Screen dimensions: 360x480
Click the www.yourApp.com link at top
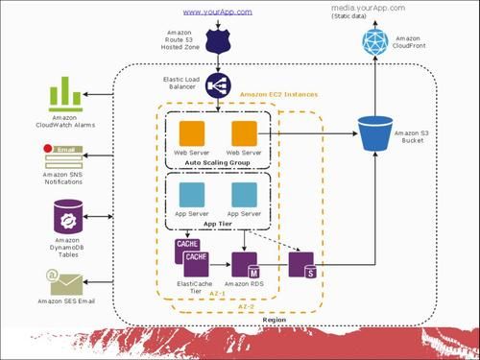point(217,12)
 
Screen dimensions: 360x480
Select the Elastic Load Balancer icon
point(217,84)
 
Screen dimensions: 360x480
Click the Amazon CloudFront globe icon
point(375,40)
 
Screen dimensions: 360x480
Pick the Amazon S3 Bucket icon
point(375,134)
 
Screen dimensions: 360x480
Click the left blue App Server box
point(193,194)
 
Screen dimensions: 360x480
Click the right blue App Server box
point(245,194)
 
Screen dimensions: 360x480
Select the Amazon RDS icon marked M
point(246,264)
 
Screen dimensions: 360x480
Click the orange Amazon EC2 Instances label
point(280,94)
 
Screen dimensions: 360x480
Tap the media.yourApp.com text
point(369,8)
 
